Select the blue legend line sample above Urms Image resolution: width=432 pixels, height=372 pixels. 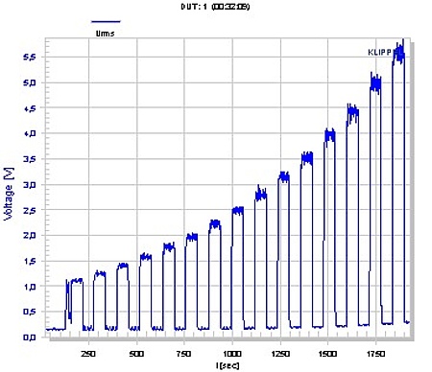point(106,20)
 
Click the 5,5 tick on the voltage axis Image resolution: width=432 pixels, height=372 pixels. point(30,58)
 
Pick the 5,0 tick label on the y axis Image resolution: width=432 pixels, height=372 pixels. point(30,82)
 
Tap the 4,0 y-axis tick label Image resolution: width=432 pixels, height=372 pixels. point(30,133)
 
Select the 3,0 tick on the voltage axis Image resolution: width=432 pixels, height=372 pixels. point(30,184)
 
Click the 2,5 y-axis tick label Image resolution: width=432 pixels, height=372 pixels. point(30,210)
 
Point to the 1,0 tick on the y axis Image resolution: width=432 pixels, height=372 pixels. point(30,287)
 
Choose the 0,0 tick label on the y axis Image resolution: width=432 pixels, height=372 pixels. point(30,337)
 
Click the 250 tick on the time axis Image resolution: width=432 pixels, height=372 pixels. point(88,352)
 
